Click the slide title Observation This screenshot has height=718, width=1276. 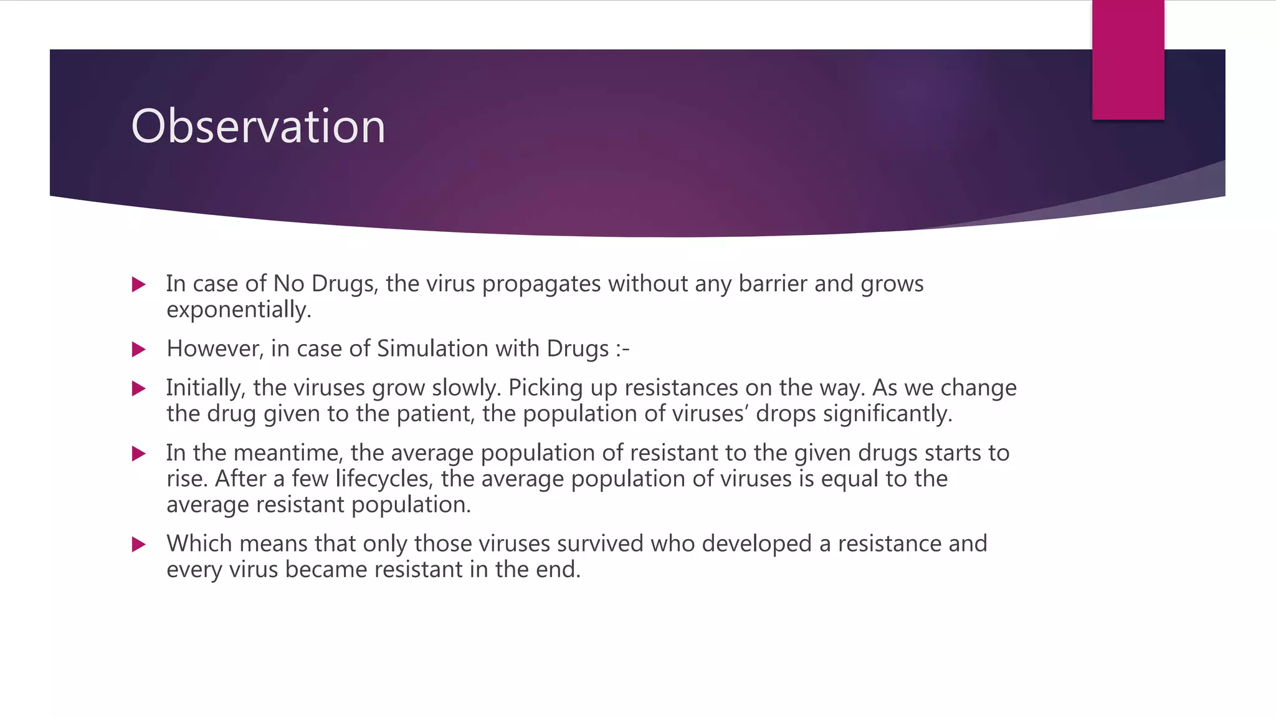click(258, 127)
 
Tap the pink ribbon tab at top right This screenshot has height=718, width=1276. click(1128, 60)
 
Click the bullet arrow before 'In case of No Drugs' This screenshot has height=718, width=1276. click(139, 285)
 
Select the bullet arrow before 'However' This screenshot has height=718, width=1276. click(139, 350)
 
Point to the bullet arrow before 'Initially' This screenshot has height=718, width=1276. click(139, 389)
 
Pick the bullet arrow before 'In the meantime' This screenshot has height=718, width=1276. click(139, 454)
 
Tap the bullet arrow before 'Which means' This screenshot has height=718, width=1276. click(139, 545)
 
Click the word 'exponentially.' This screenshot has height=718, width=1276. click(239, 310)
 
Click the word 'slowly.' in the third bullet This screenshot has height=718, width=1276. click(467, 388)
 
